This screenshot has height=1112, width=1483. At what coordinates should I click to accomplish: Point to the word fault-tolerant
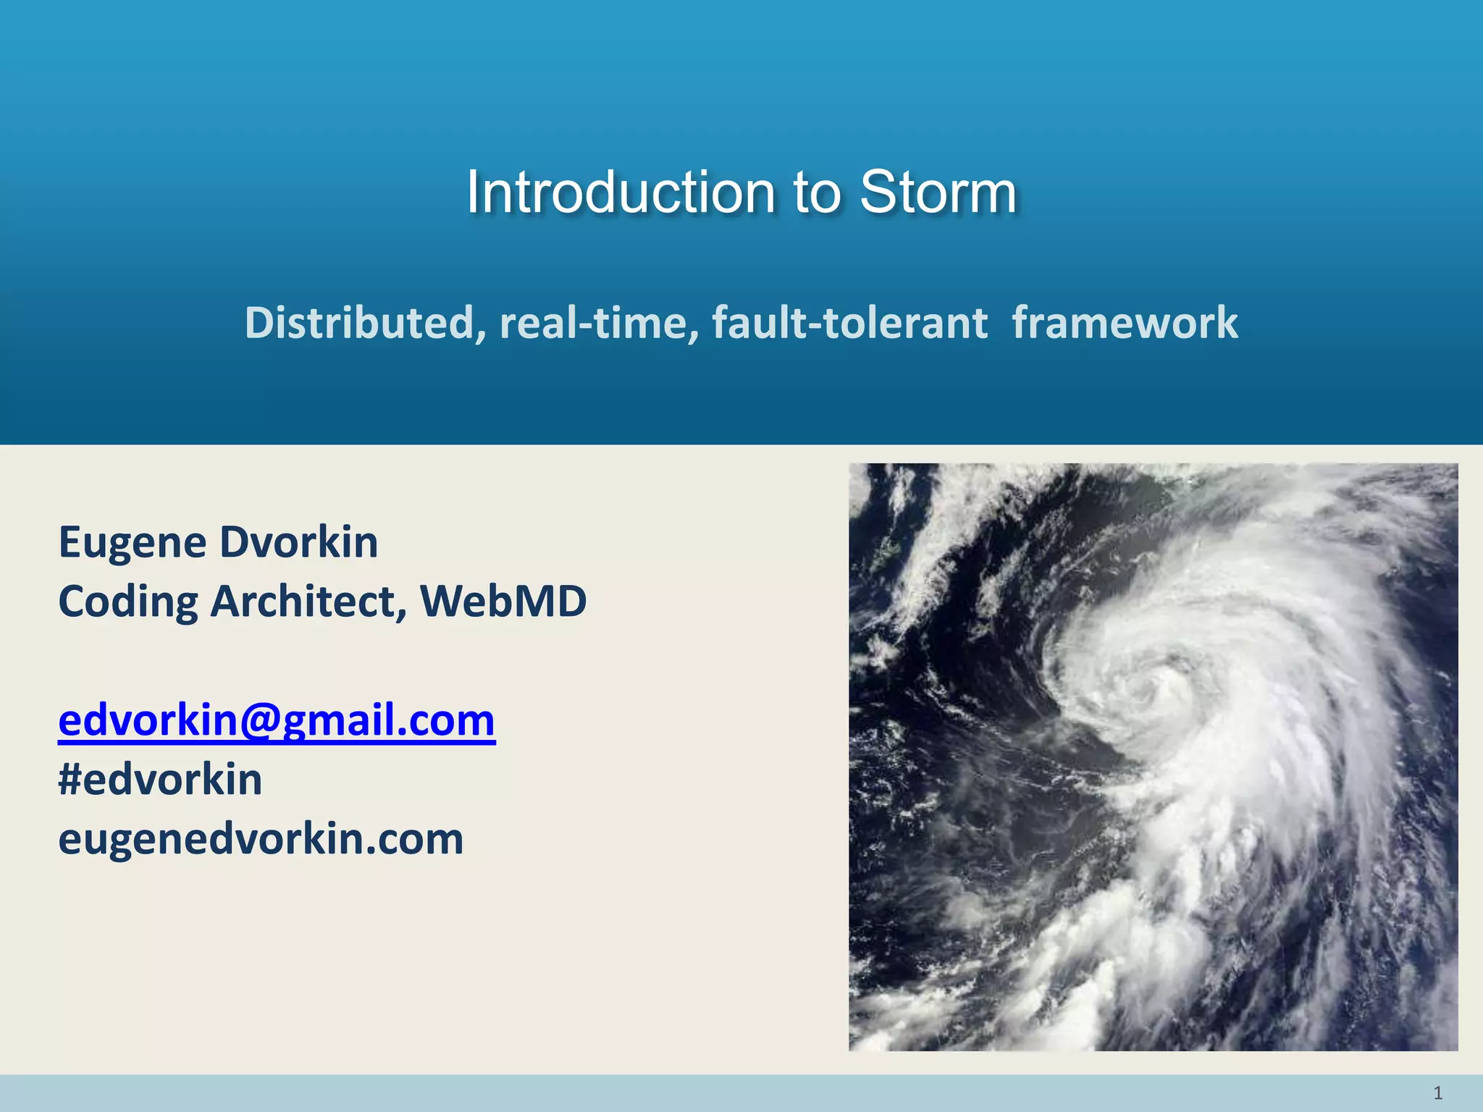pyautogui.click(x=849, y=322)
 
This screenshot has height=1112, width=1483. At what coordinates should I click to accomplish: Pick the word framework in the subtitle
pyautogui.click(x=1125, y=322)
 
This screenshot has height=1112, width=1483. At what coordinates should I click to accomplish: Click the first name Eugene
pyautogui.click(x=133, y=543)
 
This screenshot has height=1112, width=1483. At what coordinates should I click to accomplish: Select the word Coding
pyautogui.click(x=128, y=602)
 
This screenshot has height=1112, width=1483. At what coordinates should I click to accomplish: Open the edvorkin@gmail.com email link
pyautogui.click(x=277, y=720)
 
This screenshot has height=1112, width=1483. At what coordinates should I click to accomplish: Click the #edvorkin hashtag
pyautogui.click(x=160, y=780)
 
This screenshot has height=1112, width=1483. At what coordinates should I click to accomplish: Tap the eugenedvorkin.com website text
pyautogui.click(x=261, y=839)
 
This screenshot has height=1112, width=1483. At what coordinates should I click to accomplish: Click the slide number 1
pyautogui.click(x=1438, y=1092)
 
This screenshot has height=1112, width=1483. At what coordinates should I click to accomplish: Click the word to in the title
pyautogui.click(x=817, y=193)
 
